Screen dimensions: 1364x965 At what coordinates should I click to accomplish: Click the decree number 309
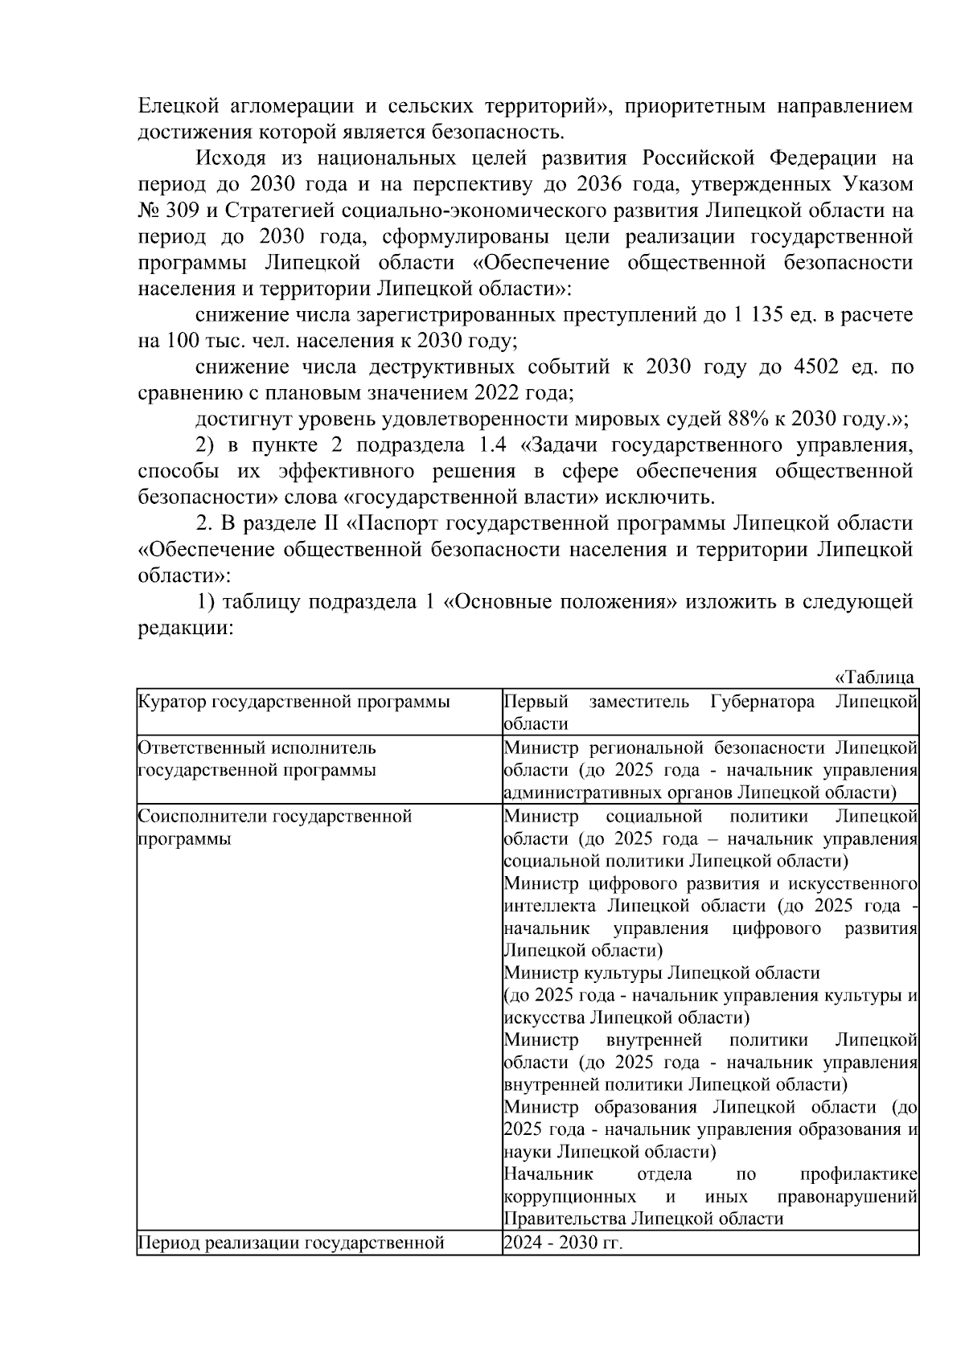(x=187, y=211)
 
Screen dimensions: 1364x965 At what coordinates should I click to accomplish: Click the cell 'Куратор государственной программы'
(x=294, y=702)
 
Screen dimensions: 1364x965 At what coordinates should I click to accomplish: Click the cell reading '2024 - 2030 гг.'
(x=563, y=1243)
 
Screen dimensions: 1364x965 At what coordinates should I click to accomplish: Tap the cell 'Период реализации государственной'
(x=291, y=1243)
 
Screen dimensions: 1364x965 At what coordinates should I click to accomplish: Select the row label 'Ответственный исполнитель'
(x=257, y=748)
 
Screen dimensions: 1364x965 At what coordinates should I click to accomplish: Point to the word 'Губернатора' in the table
(x=762, y=702)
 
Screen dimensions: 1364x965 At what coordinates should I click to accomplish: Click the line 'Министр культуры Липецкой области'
(x=661, y=973)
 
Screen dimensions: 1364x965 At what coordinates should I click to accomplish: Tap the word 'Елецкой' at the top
(x=177, y=105)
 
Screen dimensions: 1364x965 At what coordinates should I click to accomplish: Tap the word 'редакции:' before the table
(x=185, y=628)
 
